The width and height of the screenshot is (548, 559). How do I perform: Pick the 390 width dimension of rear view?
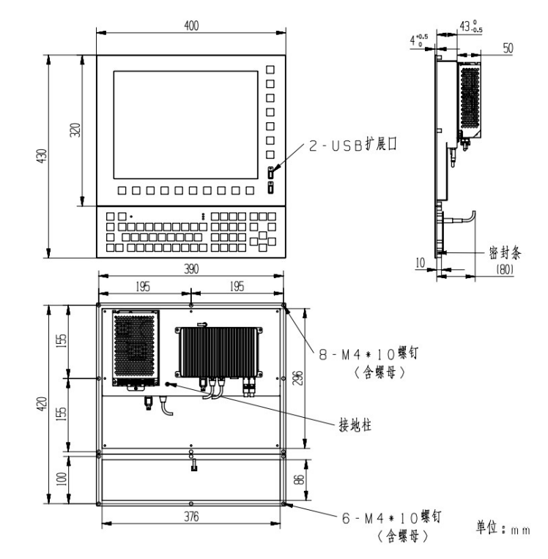192,270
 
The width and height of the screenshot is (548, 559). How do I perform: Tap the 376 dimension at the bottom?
192,517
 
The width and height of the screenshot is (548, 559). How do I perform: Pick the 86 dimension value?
298,480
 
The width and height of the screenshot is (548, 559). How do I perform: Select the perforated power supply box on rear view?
135,347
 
